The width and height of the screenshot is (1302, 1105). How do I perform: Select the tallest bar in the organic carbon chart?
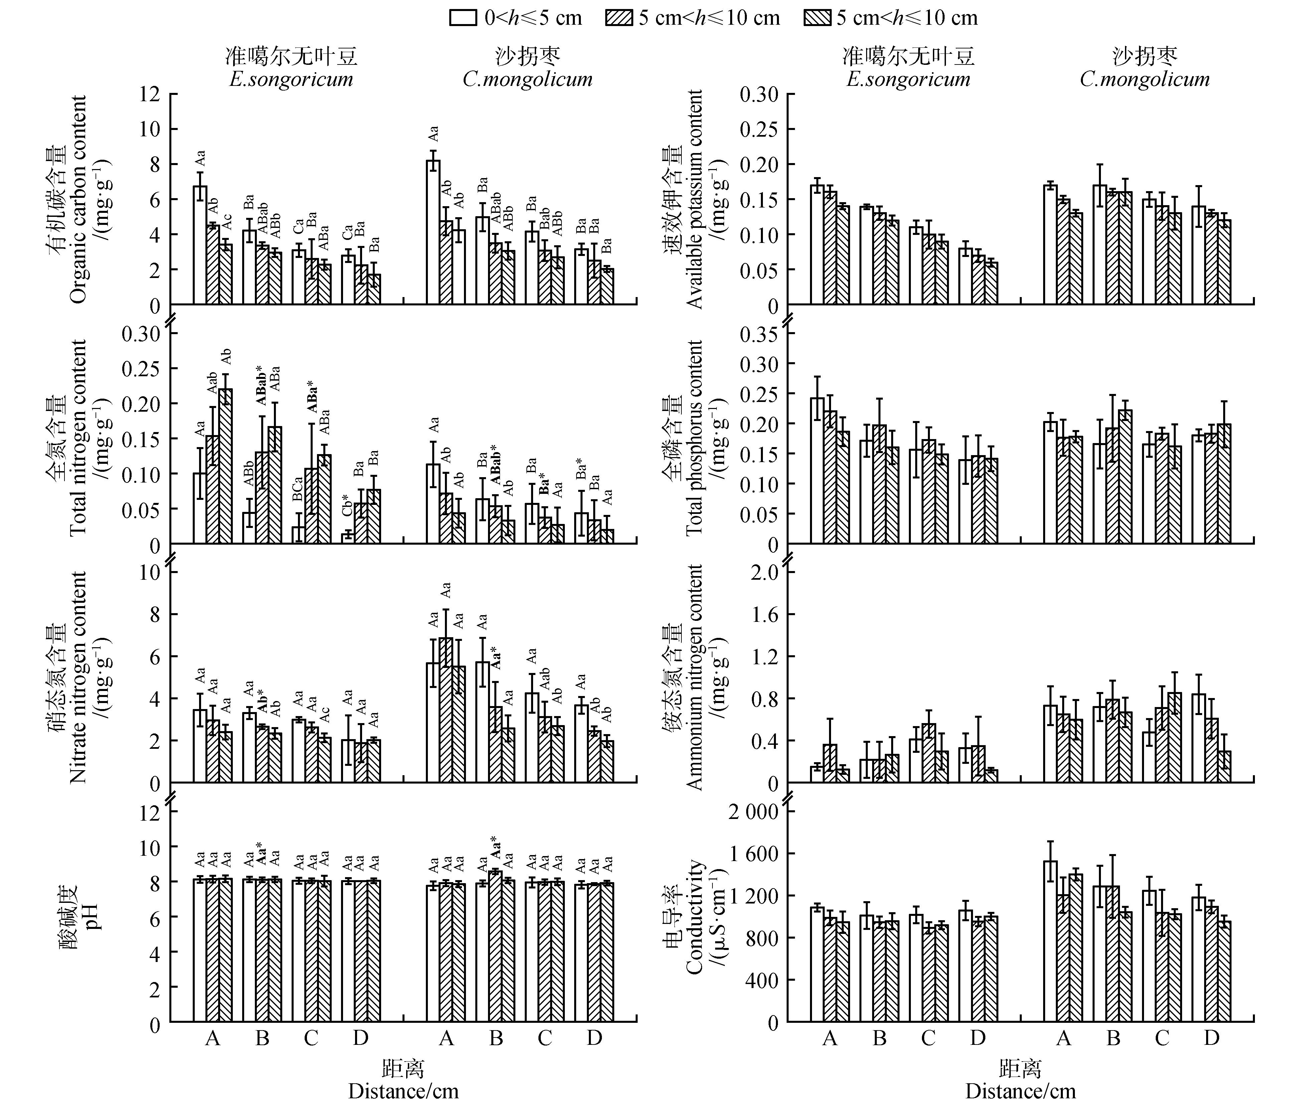pyautogui.click(x=433, y=232)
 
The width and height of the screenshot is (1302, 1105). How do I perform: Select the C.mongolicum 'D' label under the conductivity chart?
pyautogui.click(x=1212, y=1038)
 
